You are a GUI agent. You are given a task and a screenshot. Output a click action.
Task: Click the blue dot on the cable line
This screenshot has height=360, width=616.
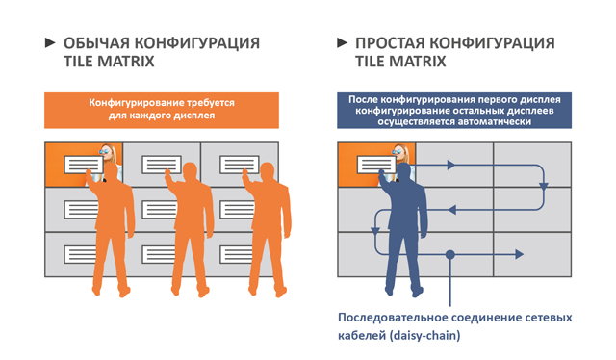(450, 254)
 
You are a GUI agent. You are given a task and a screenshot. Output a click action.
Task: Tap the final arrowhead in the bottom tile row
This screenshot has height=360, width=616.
(519, 254)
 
